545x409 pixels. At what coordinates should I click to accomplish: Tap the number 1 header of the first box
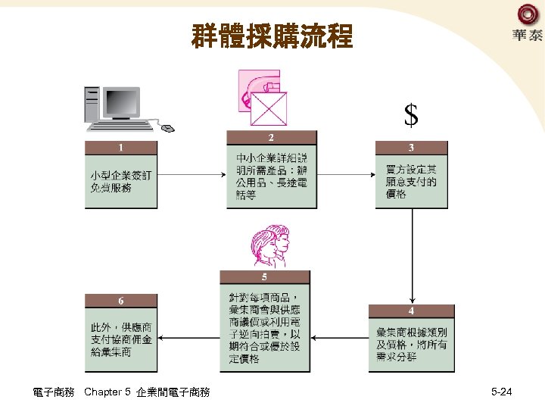click(x=121, y=147)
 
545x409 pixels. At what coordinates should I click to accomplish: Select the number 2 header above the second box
click(x=271, y=138)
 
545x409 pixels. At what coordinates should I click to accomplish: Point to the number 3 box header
click(x=411, y=147)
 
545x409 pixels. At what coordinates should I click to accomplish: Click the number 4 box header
click(x=411, y=311)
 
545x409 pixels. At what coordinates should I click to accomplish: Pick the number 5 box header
click(x=264, y=277)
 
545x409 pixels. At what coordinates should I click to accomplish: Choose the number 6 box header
click(x=121, y=301)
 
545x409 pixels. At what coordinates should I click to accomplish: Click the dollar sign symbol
click(x=411, y=115)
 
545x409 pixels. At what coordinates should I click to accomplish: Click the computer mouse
click(x=167, y=126)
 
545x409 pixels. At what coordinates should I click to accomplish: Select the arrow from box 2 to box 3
click(x=346, y=175)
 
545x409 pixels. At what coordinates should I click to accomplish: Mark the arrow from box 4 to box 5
click(x=339, y=338)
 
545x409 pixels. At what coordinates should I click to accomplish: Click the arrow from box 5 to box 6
click(x=189, y=338)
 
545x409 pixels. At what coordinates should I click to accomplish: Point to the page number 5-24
click(x=501, y=392)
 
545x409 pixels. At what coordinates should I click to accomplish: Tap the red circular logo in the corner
click(x=527, y=14)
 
